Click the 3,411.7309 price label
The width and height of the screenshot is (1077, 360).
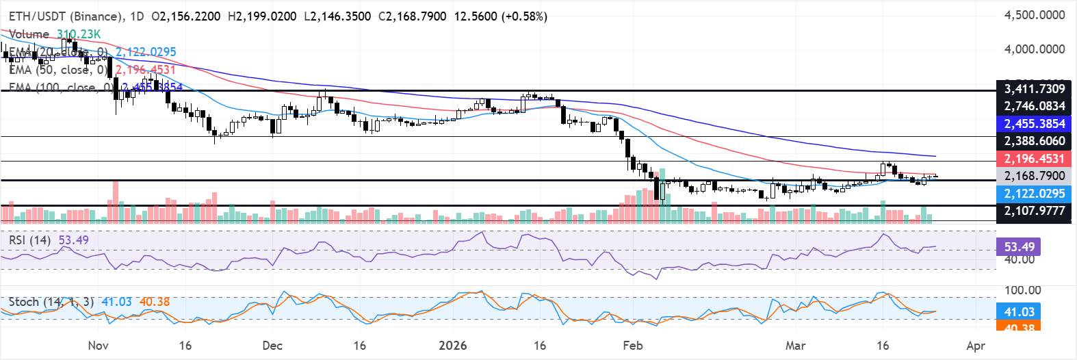(1034, 89)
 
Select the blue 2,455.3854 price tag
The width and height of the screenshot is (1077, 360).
(1034, 124)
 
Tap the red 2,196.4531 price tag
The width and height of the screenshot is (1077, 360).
(1034, 159)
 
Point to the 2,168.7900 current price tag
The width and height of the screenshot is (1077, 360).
(1034, 176)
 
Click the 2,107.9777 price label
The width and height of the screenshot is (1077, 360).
(1034, 211)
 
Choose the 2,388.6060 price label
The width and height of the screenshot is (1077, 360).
(1034, 141)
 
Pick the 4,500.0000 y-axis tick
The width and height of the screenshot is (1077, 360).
(1034, 15)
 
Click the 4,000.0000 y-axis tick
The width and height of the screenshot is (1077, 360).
(1034, 49)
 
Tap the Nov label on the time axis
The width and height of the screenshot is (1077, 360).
(98, 346)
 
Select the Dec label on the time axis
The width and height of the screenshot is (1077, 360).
(272, 346)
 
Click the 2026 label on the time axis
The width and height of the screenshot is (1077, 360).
(452, 346)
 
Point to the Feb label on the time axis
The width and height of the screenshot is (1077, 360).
(633, 346)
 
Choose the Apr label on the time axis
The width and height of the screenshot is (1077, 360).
(976, 346)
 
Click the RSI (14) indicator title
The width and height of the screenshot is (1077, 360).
(29, 240)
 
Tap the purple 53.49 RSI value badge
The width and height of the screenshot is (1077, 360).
(1019, 247)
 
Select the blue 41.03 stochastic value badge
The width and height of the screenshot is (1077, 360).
(1019, 312)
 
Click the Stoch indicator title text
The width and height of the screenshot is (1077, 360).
(24, 302)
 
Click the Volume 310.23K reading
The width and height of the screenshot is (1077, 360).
(55, 34)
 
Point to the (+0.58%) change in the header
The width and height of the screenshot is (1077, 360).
(525, 16)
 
